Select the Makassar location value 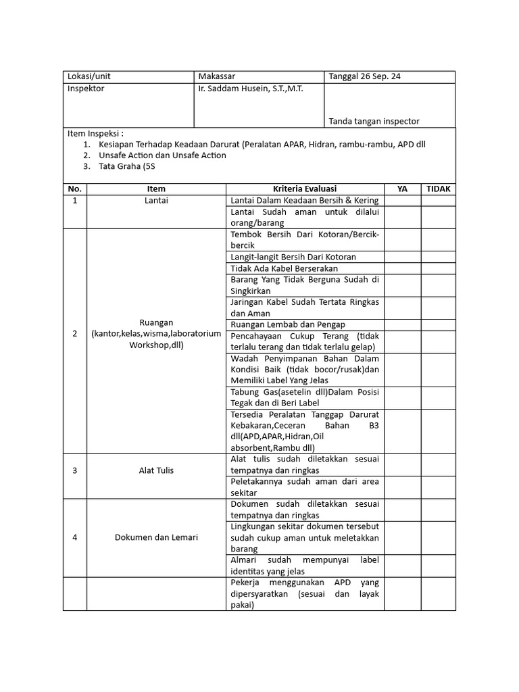tap(217, 77)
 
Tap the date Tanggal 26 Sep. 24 tap(364, 77)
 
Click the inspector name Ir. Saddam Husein tap(251, 89)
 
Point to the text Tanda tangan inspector tap(374, 122)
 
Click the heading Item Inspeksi tap(95, 133)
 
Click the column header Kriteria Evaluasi tap(304, 189)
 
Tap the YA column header tap(402, 189)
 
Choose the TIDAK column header tap(438, 189)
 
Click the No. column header tap(74, 189)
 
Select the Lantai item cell tap(155, 201)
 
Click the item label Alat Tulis tap(155, 470)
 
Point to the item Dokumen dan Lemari tap(155, 538)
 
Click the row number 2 tap(74, 334)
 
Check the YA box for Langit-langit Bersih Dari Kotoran tap(402, 257)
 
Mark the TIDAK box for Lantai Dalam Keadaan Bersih tap(438, 201)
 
